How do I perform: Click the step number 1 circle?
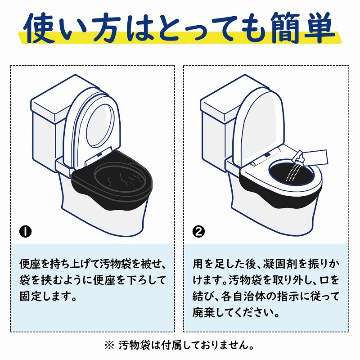click(x=25, y=232)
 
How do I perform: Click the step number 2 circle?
click(x=197, y=232)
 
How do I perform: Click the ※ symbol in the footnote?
click(x=109, y=346)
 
